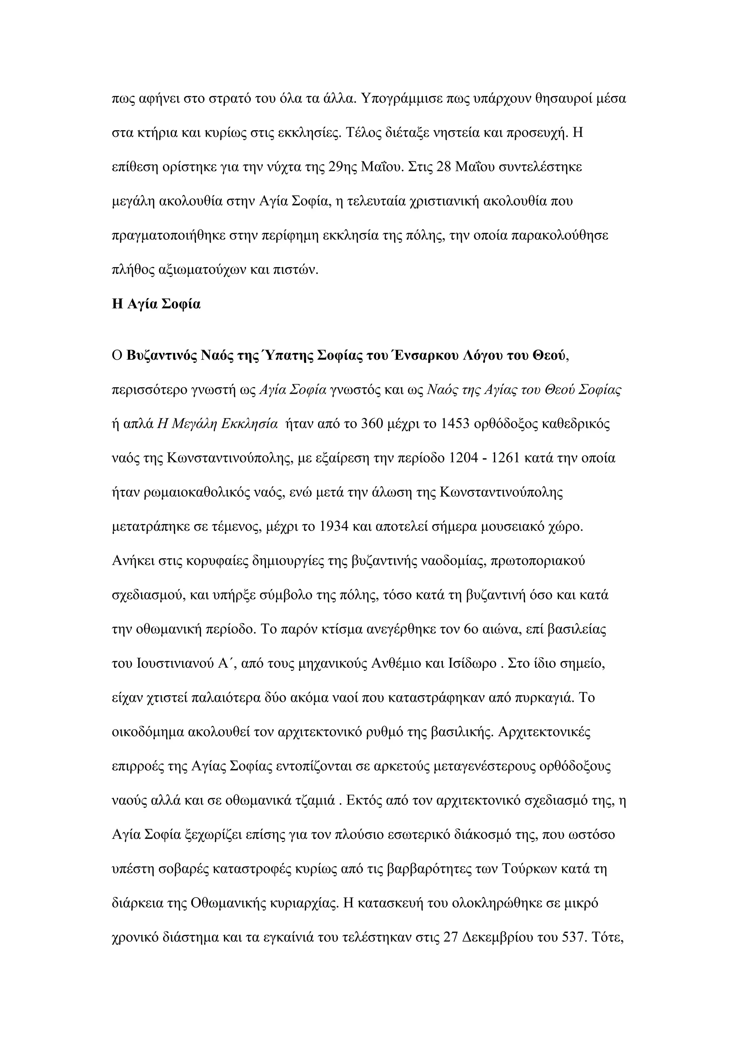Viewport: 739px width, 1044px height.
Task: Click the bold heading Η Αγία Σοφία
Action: click(156, 304)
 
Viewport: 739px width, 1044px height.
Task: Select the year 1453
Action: click(457, 424)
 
